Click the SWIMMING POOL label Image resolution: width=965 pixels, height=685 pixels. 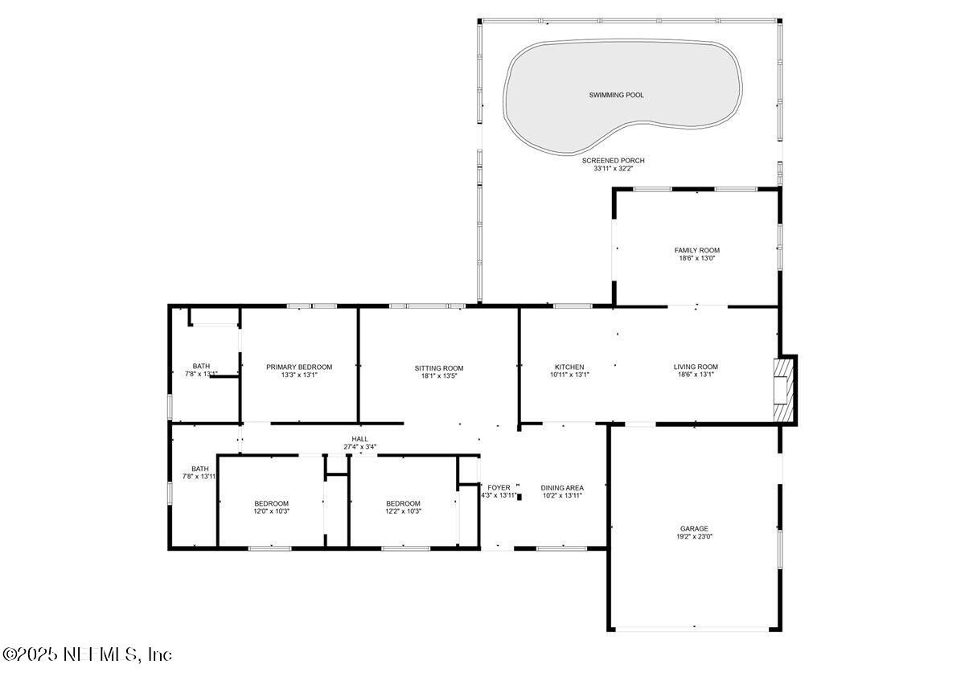point(616,95)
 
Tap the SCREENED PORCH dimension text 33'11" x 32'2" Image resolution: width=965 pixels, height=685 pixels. point(613,169)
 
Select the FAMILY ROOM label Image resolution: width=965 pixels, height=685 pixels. point(696,250)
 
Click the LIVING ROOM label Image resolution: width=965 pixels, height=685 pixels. point(696,367)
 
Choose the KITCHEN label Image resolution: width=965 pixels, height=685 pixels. point(569,367)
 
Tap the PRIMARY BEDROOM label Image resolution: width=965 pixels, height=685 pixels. point(299,367)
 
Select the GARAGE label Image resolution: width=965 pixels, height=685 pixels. point(694,528)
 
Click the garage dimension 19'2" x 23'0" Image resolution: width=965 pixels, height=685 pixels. point(694,537)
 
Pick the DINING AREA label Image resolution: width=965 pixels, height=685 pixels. point(562,487)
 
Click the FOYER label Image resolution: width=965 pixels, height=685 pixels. point(499,487)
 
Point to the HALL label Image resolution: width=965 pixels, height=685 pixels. point(359,438)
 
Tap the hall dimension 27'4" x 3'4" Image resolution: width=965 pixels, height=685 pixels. point(359,446)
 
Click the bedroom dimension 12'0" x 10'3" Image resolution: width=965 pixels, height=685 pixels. point(271,511)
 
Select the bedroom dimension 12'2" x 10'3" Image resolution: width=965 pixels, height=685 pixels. point(403,511)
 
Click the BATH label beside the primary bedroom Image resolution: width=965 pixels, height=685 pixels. point(201,366)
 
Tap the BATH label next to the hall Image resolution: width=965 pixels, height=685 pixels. point(199,469)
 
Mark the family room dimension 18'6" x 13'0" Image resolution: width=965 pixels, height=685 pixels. point(696,259)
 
